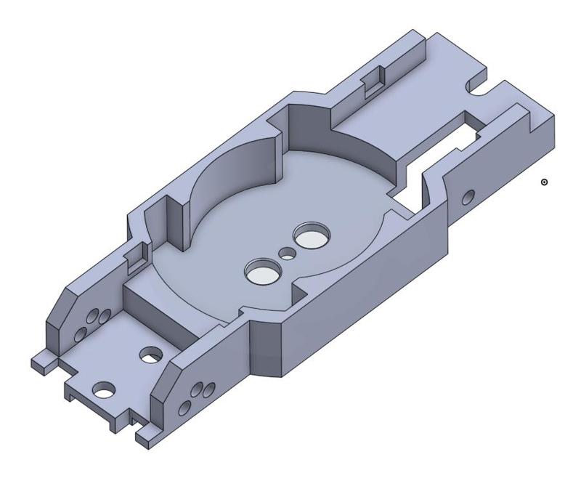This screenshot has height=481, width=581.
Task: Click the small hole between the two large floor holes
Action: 288,254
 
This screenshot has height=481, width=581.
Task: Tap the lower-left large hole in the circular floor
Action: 262,272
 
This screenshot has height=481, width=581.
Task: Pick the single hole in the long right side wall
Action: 469,195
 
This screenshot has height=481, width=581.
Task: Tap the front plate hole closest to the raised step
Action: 151,355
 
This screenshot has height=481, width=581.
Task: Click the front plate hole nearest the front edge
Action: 105,389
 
